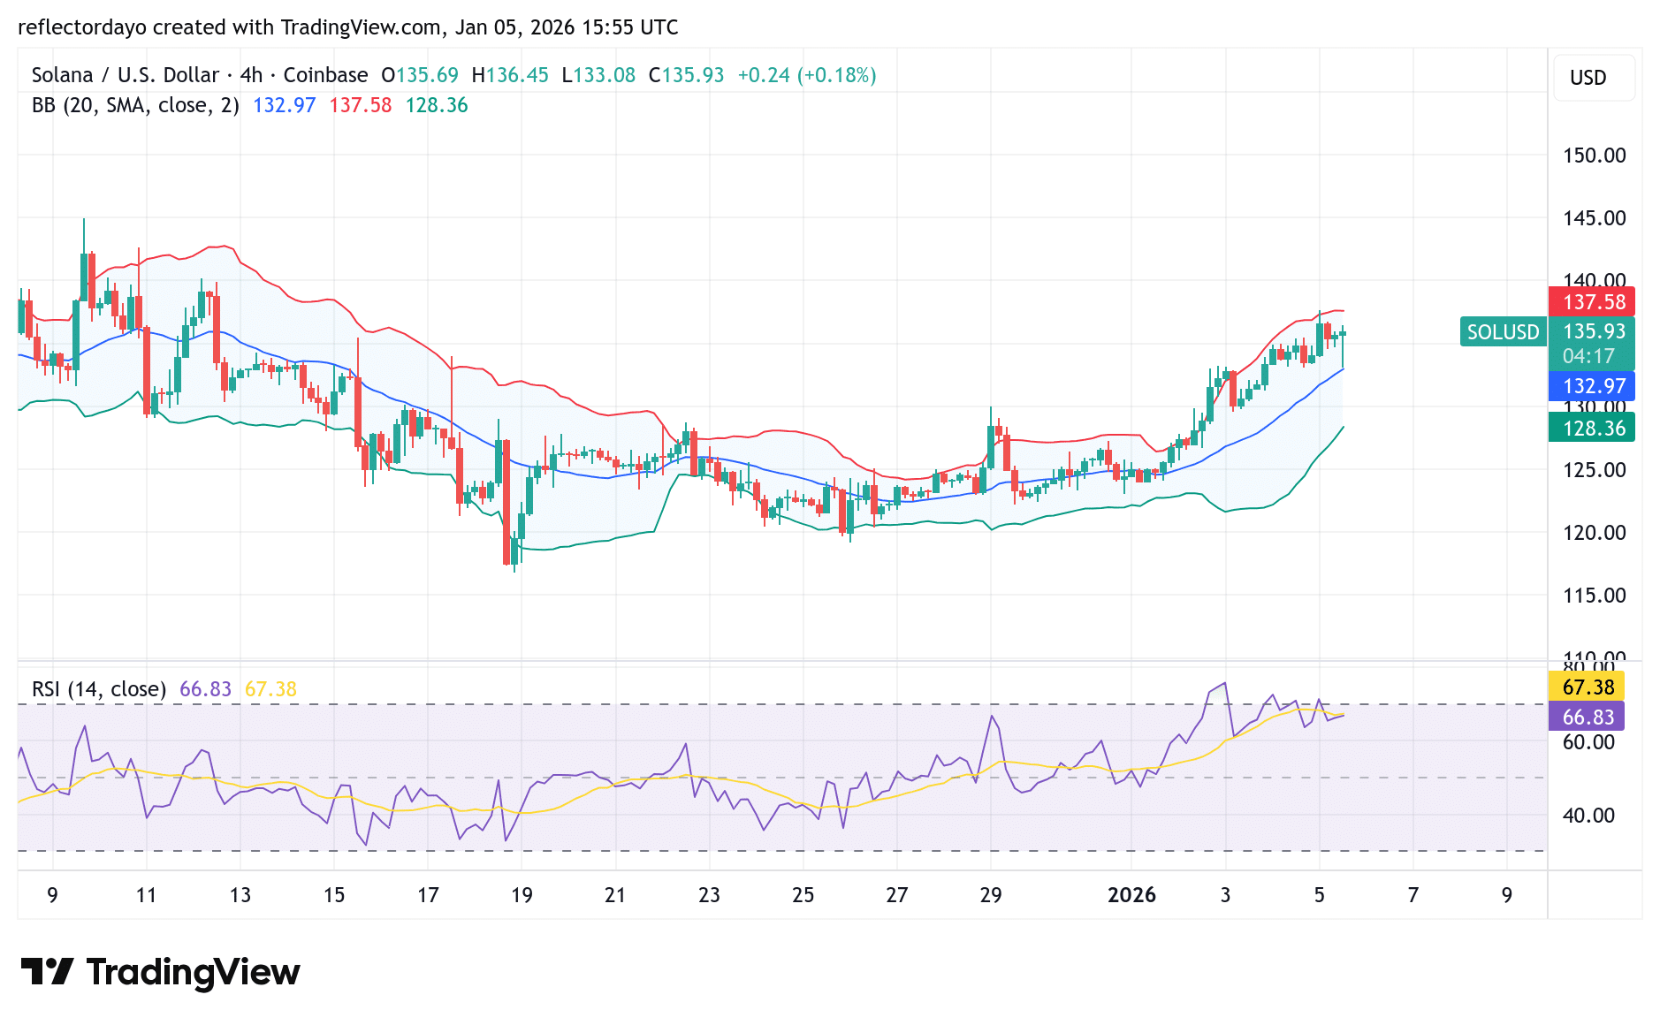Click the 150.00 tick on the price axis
1594,156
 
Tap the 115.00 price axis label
1594,596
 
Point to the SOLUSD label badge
1503,332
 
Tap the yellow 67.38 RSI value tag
1588,687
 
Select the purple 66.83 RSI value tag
1588,717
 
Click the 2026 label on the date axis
1131,895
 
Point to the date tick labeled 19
522,895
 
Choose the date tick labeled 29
991,895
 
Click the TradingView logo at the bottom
160,972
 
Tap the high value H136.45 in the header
510,75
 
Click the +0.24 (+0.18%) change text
806,75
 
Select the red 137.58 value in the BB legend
360,105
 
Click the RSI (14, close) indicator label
99,689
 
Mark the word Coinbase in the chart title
325,75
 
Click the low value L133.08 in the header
598,75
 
